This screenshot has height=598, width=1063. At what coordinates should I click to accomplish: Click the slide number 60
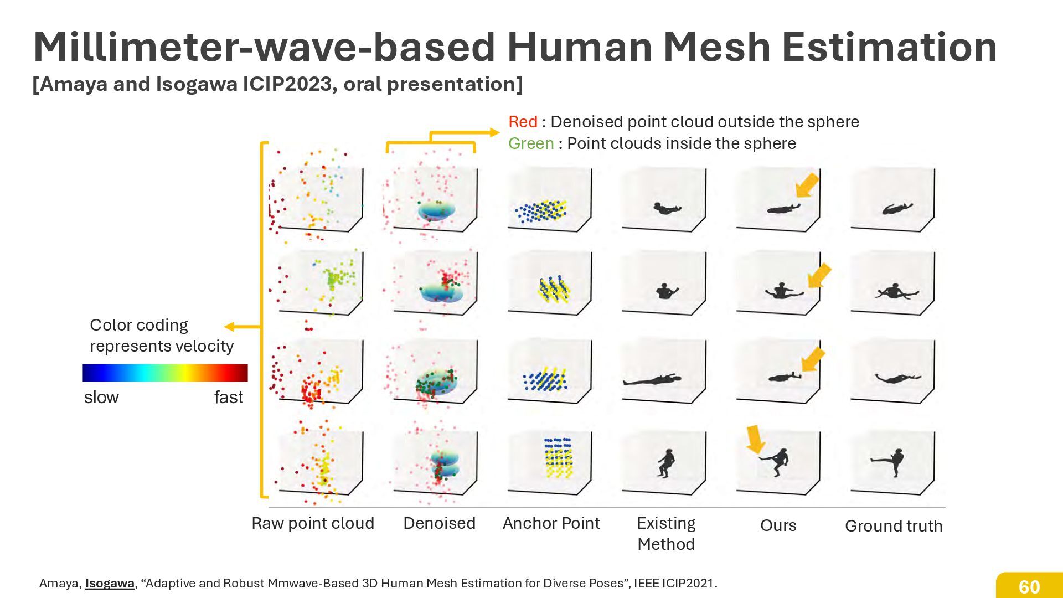coord(1029,586)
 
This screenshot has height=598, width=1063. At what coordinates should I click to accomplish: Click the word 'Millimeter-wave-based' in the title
coord(264,47)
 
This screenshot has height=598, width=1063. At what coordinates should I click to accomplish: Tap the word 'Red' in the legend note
coord(523,122)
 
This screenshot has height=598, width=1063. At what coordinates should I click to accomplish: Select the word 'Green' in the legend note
coord(531,143)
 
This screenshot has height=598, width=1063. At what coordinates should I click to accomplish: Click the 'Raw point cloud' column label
coord(313,523)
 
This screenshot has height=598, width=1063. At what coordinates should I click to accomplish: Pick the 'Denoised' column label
coord(439,523)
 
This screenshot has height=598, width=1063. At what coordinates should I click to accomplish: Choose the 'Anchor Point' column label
coord(551,523)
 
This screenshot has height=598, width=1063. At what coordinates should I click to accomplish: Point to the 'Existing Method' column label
coord(666,533)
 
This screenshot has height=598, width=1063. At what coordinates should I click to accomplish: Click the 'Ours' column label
coord(778,525)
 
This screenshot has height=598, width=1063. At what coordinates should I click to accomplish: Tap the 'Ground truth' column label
coord(893,526)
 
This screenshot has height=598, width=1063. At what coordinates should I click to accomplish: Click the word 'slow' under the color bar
coord(101,397)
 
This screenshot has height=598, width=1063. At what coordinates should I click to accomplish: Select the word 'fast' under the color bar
coord(228,397)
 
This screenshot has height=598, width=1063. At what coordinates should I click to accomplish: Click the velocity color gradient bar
coord(165,373)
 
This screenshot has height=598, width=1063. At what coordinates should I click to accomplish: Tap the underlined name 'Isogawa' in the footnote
coord(110,583)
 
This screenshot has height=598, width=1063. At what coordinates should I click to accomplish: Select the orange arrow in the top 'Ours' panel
coord(807,185)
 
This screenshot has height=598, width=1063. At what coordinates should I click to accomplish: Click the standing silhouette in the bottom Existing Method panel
coord(666,463)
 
